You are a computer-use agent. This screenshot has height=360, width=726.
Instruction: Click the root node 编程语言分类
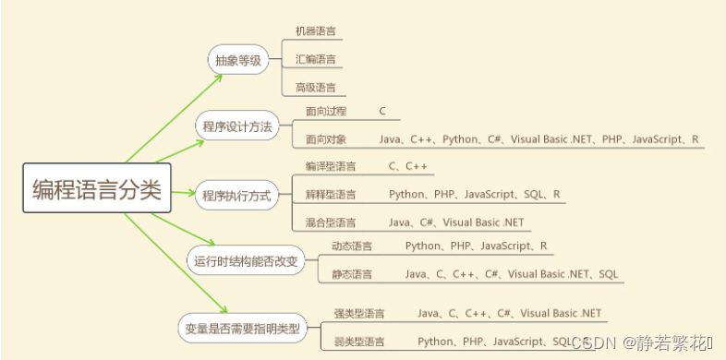pos(96,190)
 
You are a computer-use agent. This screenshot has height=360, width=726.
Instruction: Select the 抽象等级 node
pos(237,61)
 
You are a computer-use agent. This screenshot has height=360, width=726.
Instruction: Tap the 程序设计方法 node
pos(237,126)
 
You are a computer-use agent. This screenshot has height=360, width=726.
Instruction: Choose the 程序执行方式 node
pos(237,195)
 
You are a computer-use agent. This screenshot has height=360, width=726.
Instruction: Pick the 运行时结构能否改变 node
pos(246,261)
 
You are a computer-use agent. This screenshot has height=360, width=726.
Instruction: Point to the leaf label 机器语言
pos(315,31)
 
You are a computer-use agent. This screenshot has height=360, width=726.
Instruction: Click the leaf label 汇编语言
pos(315,60)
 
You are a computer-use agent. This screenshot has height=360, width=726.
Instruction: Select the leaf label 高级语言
pos(315,88)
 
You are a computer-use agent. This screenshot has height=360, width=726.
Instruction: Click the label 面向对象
pos(326,139)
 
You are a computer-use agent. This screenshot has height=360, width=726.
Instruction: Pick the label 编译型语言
pos(330,167)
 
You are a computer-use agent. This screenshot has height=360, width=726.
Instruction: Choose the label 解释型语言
pos(330,195)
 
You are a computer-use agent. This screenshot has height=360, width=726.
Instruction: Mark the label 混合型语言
pos(330,222)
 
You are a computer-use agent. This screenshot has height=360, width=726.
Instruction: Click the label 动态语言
pos(352,246)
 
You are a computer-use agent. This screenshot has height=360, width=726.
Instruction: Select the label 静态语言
pos(352,274)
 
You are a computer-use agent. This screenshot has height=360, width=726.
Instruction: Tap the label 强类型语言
pos(359,314)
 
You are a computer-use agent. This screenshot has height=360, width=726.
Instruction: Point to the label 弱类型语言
pos(359,342)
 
